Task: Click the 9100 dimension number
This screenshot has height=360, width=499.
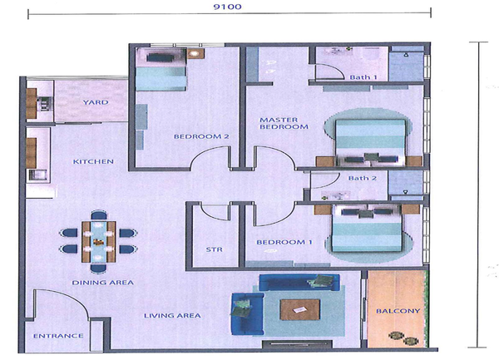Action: pos(227,7)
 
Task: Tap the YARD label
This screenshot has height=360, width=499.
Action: pos(96,102)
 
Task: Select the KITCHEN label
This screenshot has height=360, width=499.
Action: pos(93,161)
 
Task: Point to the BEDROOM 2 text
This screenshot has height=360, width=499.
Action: pos(201,136)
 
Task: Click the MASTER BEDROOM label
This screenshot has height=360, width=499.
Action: pos(284,123)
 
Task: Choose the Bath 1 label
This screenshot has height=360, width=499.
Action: pos(363,77)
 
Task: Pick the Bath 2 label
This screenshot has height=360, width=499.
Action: pos(362,179)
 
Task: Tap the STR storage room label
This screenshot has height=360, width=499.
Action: pos(214,249)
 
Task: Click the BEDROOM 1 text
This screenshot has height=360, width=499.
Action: pos(284,242)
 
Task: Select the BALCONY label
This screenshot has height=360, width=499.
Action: pos(398,311)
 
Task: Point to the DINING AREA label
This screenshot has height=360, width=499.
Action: pos(103,283)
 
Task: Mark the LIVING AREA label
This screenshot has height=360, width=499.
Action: pos(172,315)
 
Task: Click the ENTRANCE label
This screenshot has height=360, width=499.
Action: pos(58,336)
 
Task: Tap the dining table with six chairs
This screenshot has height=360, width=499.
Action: pos(99,242)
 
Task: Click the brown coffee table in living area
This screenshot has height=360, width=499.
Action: pos(299,309)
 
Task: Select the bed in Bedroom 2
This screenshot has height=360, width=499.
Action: pos(161,70)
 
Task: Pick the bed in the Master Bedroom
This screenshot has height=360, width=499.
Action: pos(370,142)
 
